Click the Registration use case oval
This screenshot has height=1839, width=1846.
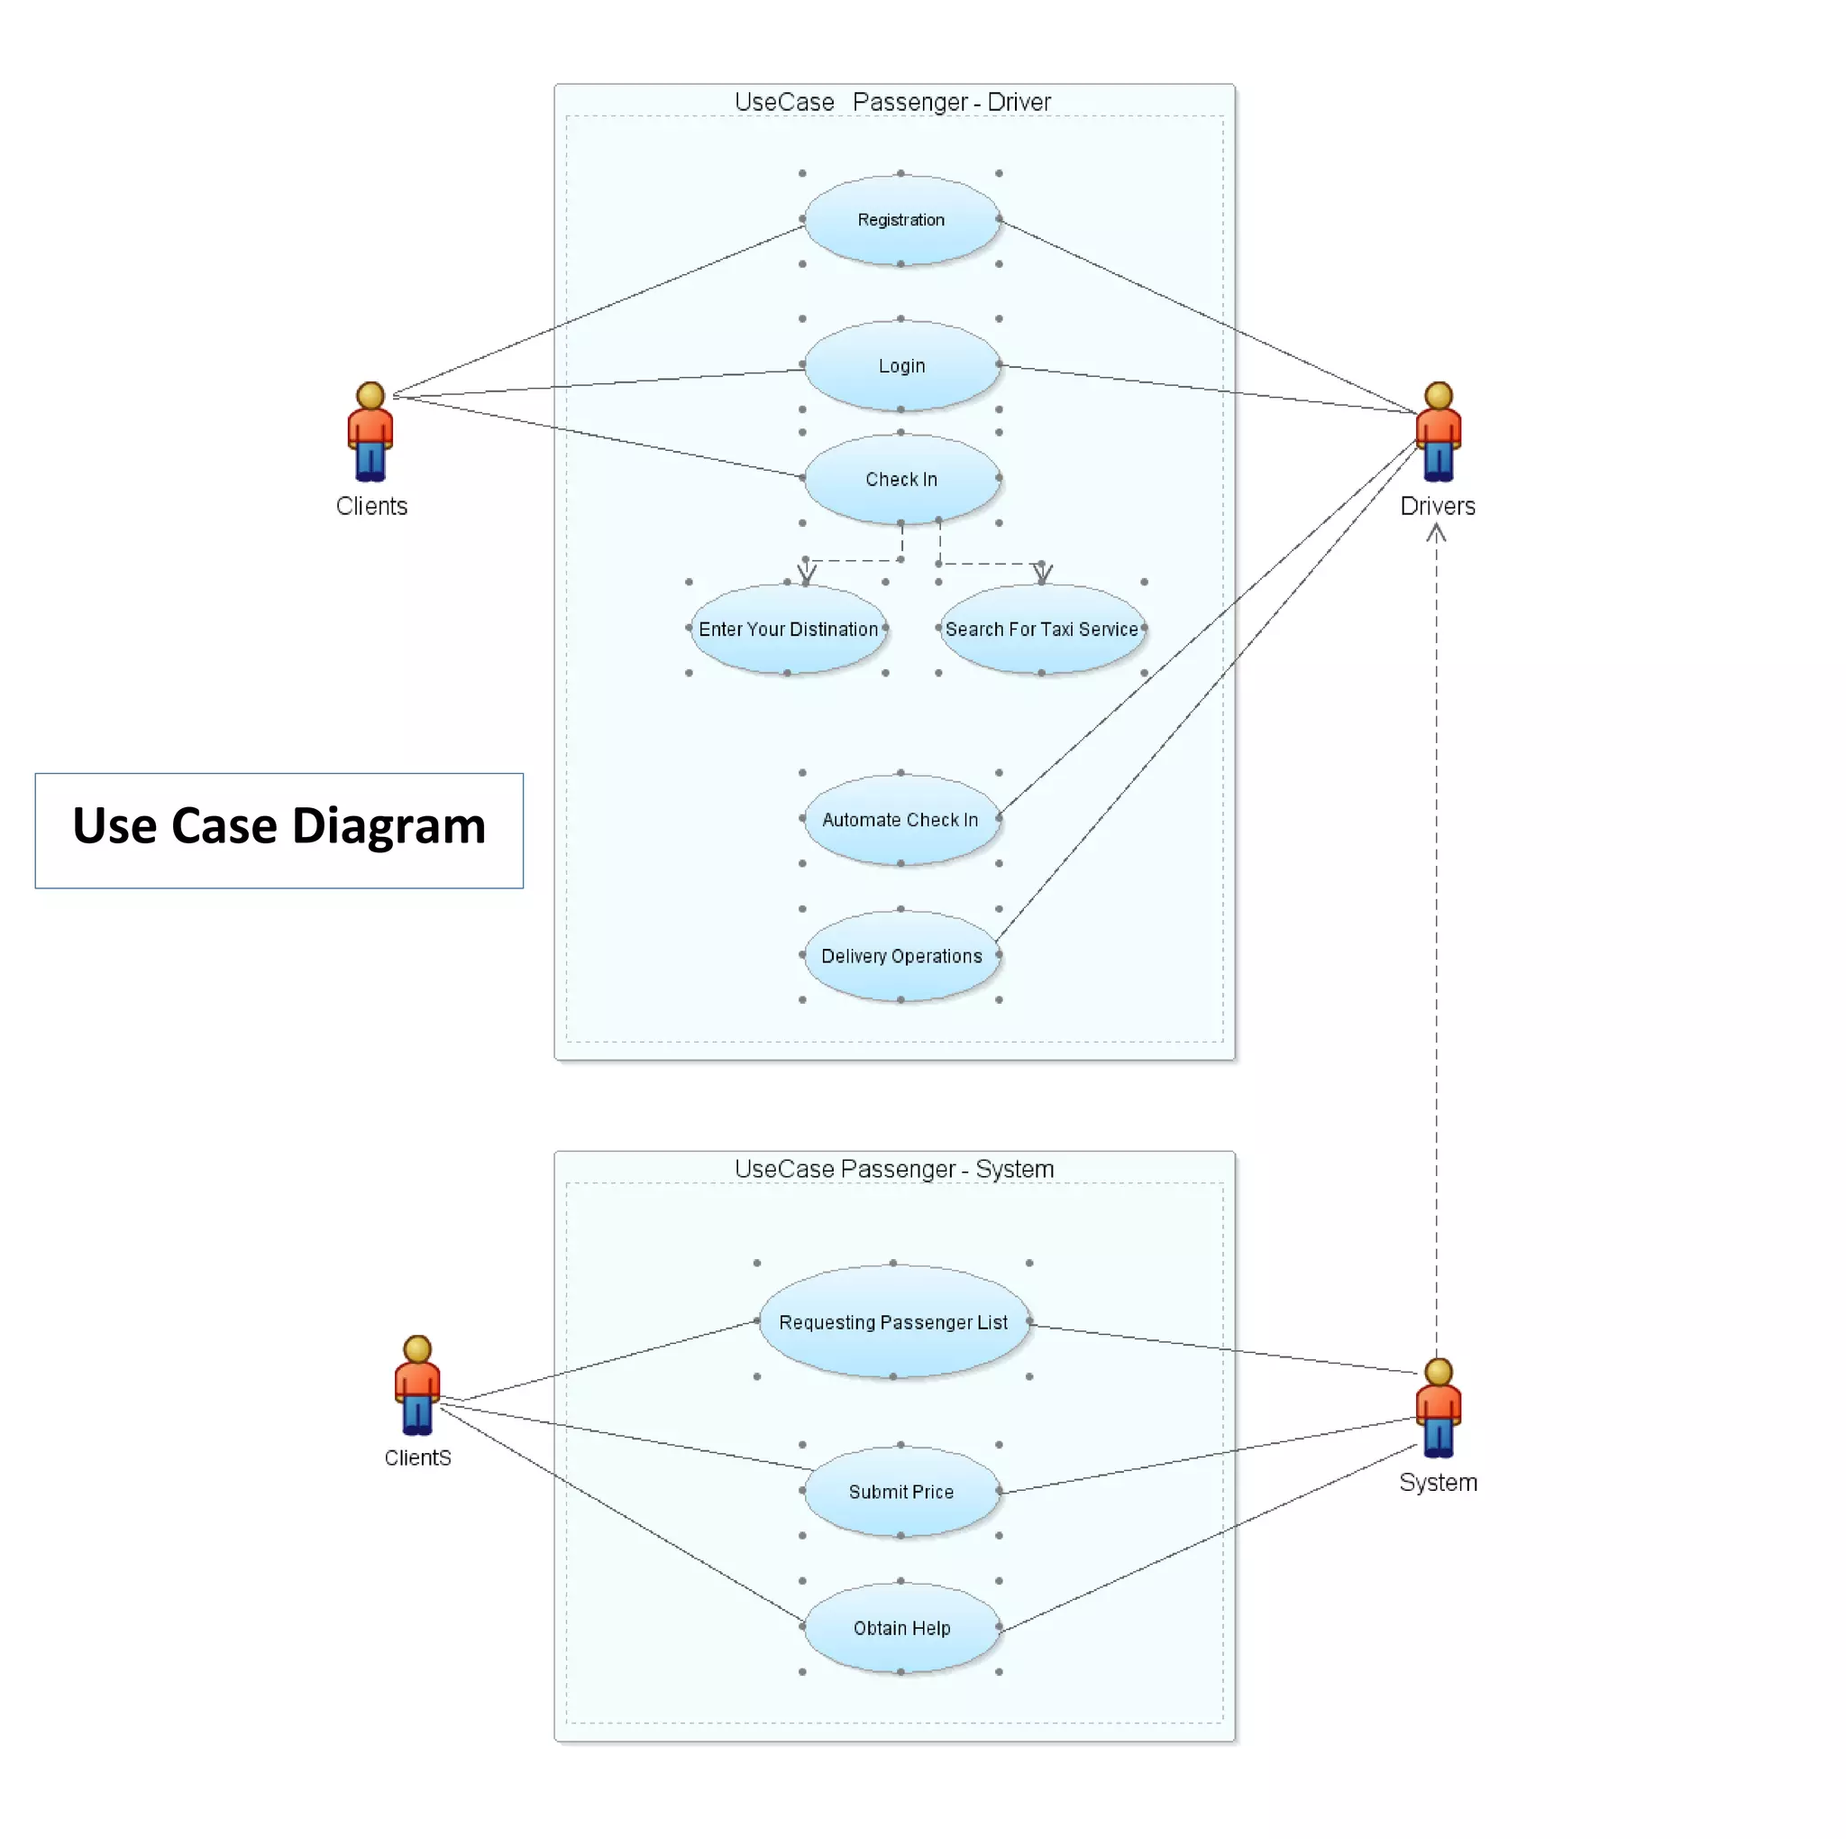pyautogui.click(x=901, y=220)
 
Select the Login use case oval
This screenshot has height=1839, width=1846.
pyautogui.click(x=901, y=366)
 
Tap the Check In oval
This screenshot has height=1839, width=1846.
pyautogui.click(x=901, y=479)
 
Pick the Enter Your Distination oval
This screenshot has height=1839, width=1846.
pyautogui.click(x=787, y=629)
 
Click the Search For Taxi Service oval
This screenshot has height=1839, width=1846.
pyautogui.click(x=1041, y=629)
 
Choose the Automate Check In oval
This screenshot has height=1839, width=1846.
pyautogui.click(x=901, y=819)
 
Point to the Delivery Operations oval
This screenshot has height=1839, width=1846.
pyautogui.click(x=901, y=956)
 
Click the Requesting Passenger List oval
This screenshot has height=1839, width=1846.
pyautogui.click(x=893, y=1322)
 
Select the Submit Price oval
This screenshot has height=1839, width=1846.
pyautogui.click(x=901, y=1491)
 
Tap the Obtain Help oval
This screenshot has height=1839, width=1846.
pyautogui.click(x=901, y=1628)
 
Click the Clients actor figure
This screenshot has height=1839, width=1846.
pyautogui.click(x=370, y=431)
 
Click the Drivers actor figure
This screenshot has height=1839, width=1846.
pyautogui.click(x=1438, y=431)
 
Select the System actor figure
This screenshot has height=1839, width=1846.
pyautogui.click(x=1438, y=1407)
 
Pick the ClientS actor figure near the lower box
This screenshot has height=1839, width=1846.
pyautogui.click(x=417, y=1385)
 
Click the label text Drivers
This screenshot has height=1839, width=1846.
pyautogui.click(x=1437, y=507)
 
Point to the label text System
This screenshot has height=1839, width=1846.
pyautogui.click(x=1438, y=1483)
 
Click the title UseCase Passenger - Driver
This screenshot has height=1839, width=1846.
pyautogui.click(x=892, y=102)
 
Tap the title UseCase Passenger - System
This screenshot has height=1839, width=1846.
pyautogui.click(x=894, y=1169)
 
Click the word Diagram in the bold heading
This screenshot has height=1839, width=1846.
pyautogui.click(x=388, y=826)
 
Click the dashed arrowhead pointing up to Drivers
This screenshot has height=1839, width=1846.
pyautogui.click(x=1436, y=533)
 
